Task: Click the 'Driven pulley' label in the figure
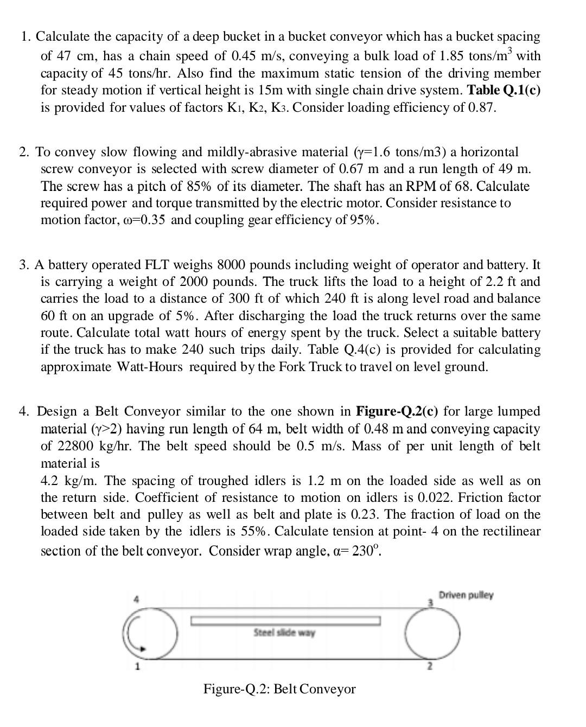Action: click(x=466, y=595)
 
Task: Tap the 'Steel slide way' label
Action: click(x=284, y=633)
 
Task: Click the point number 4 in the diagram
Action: click(x=137, y=600)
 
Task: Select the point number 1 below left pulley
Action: click(x=137, y=666)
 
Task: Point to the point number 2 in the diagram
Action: click(x=429, y=667)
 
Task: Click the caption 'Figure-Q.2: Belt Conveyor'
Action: click(x=279, y=689)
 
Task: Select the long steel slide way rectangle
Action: click(x=284, y=620)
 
